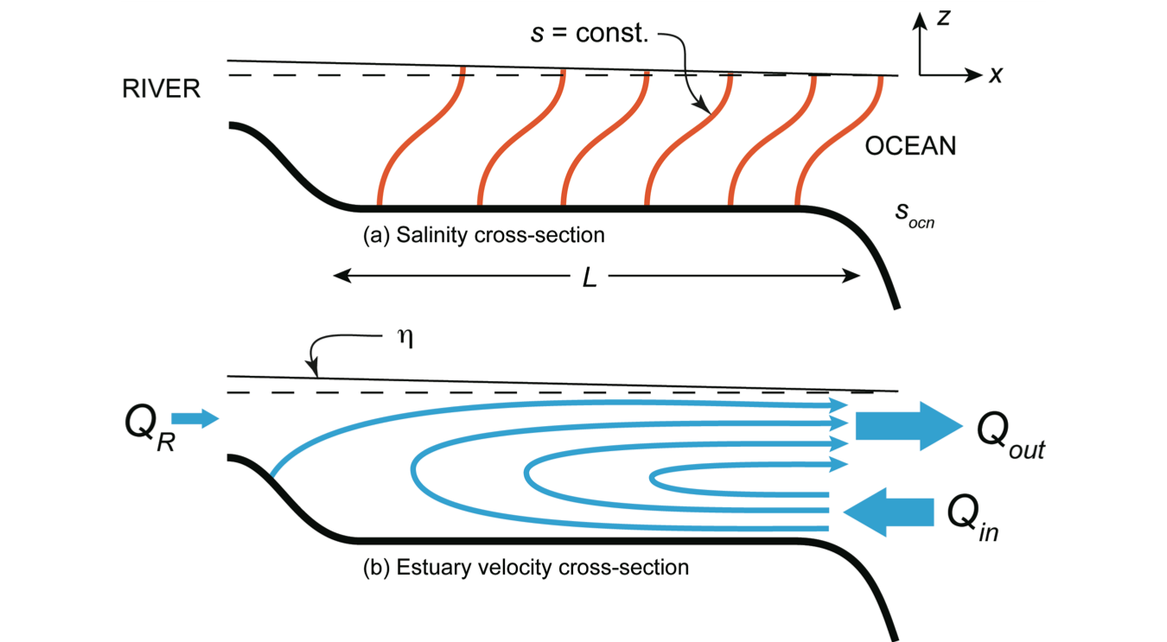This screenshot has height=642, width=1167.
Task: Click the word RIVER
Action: click(x=162, y=89)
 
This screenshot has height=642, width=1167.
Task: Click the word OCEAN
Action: click(x=910, y=146)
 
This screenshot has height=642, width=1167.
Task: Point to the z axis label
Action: click(x=944, y=17)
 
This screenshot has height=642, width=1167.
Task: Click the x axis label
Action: click(x=996, y=75)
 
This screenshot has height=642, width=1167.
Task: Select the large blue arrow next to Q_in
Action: click(x=890, y=512)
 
